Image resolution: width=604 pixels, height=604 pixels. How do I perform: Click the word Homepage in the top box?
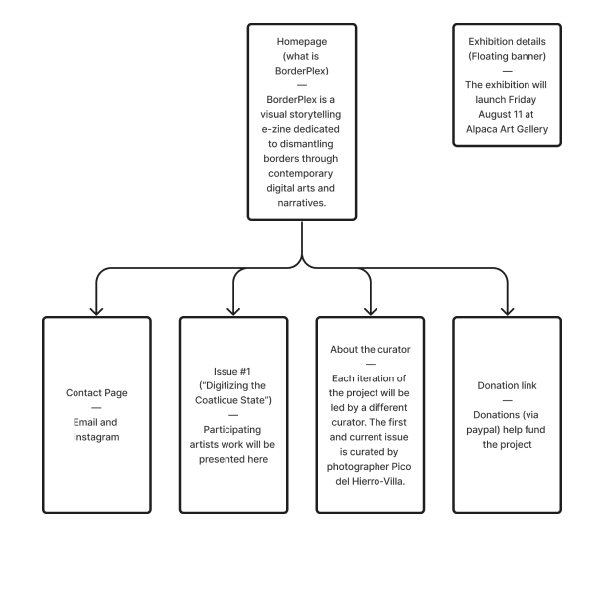point(302,41)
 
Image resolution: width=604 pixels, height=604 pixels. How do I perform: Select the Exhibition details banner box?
point(507,85)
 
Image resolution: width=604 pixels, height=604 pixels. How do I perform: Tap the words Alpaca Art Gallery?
point(507,129)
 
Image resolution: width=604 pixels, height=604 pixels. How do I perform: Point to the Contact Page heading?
point(96,393)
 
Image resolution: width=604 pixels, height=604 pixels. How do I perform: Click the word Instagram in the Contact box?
point(96,437)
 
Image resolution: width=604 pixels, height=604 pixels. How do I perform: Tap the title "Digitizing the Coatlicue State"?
point(233,400)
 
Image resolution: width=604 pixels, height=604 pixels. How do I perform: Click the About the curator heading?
point(370,350)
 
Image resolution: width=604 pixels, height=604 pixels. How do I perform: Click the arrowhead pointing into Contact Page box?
point(96,310)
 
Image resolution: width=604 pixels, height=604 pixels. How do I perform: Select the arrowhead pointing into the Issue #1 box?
point(233,310)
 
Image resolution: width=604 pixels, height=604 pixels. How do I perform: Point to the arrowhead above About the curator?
point(371,310)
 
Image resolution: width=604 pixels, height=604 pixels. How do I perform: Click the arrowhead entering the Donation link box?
point(507,310)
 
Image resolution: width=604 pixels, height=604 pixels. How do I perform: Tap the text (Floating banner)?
point(507,56)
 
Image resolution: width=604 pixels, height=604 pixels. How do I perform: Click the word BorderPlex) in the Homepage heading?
point(302,71)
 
